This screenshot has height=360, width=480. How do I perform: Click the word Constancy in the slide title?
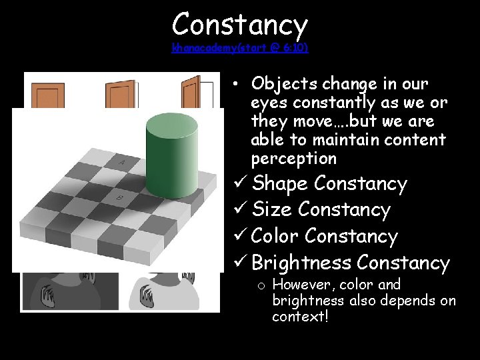pyautogui.click(x=239, y=25)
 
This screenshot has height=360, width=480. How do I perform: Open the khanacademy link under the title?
pyautogui.click(x=239, y=48)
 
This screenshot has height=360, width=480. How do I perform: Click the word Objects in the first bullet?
pyautogui.click(x=285, y=85)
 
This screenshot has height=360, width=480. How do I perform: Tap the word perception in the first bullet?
pyautogui.click(x=293, y=159)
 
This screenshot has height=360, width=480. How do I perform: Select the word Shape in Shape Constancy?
pyautogui.click(x=280, y=183)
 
